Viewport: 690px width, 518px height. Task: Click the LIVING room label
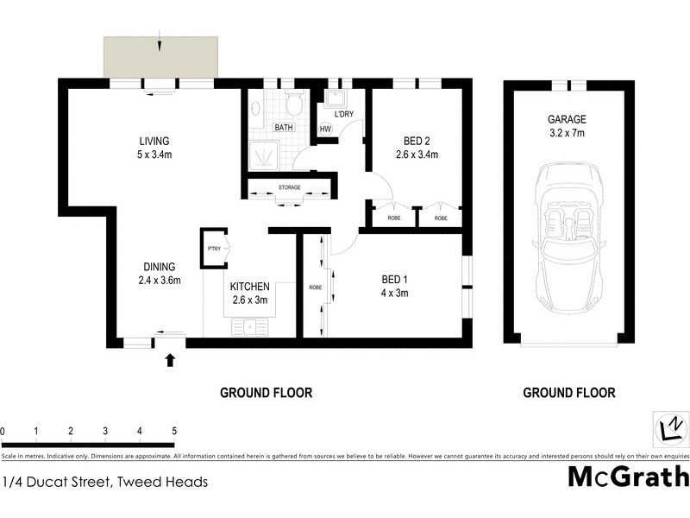pyautogui.click(x=155, y=141)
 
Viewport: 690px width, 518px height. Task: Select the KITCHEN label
pyautogui.click(x=250, y=287)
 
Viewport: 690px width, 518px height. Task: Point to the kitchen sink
pyautogui.click(x=251, y=326)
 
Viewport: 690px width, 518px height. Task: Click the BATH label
pyautogui.click(x=284, y=128)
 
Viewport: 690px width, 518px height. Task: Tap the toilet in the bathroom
pyautogui.click(x=293, y=107)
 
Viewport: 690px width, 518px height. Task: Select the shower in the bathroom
pyautogui.click(x=268, y=155)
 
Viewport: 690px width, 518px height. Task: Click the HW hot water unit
pyautogui.click(x=325, y=129)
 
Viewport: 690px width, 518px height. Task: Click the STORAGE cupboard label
pyautogui.click(x=289, y=187)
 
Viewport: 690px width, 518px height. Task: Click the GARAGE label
pyautogui.click(x=567, y=120)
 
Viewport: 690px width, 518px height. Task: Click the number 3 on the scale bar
pyautogui.click(x=104, y=431)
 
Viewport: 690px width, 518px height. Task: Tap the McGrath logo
pyautogui.click(x=628, y=477)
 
